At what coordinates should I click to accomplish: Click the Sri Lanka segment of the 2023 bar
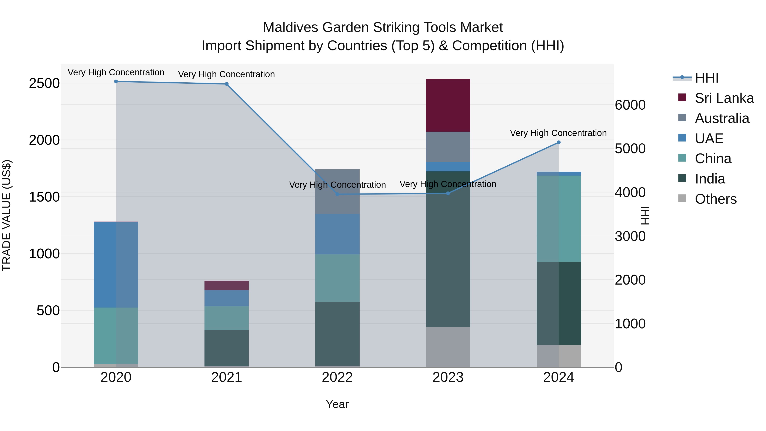tap(448, 105)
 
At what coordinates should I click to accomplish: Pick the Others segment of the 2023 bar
tap(448, 347)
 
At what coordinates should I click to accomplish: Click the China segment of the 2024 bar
tap(559, 219)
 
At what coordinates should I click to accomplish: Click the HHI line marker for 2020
tap(116, 82)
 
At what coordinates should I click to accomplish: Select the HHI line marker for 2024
tap(559, 142)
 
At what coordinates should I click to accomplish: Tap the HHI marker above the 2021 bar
tap(227, 84)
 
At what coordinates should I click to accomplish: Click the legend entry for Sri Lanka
tap(724, 98)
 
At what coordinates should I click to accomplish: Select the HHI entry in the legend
tap(706, 78)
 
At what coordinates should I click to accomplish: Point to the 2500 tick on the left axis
tap(44, 84)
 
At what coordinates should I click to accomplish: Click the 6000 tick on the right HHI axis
tap(630, 105)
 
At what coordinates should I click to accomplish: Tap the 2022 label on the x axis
tap(337, 377)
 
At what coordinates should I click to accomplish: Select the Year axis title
tap(337, 404)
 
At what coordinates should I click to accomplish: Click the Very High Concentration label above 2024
tap(558, 133)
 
